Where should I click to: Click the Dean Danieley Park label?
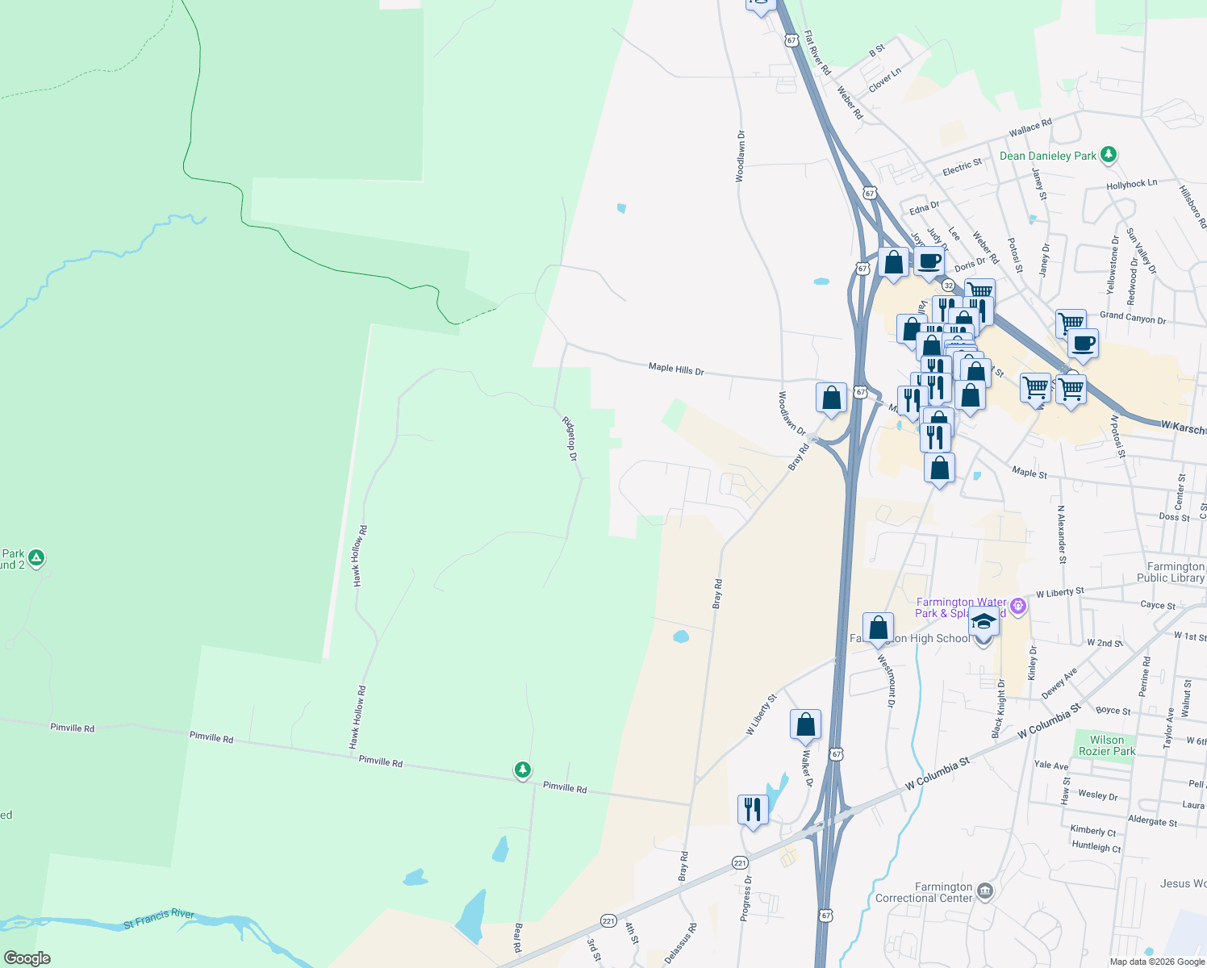tap(1047, 156)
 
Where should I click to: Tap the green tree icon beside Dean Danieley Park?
tap(1109, 154)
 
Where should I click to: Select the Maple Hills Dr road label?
tap(676, 369)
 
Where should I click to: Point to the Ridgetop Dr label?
tap(570, 439)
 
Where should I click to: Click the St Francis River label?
tap(159, 918)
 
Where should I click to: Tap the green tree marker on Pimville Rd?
tap(523, 770)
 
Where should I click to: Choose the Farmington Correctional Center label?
tap(924, 892)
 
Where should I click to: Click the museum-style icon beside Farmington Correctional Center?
tap(984, 891)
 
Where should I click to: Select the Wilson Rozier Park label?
tap(1107, 745)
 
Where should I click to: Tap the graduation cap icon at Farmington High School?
tap(983, 622)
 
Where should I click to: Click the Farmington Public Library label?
tap(1171, 572)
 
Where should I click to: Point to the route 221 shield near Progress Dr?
tap(740, 863)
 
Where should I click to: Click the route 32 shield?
tap(948, 286)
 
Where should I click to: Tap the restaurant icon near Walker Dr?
tap(752, 808)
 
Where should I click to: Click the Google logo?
tap(27, 958)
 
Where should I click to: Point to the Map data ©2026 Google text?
tap(1157, 962)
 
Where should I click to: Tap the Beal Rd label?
tap(518, 938)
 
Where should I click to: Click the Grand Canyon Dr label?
tap(1133, 318)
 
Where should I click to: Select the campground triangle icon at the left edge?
tap(35, 557)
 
